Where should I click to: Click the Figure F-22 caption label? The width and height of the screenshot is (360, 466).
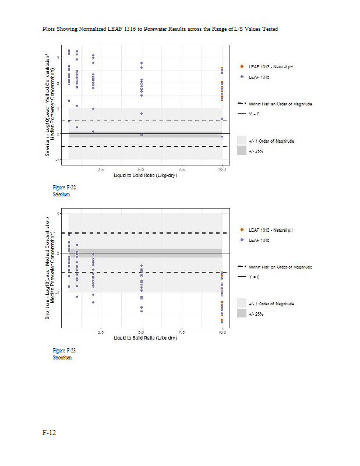point(64,188)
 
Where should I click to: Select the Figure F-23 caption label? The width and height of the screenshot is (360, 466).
point(64,351)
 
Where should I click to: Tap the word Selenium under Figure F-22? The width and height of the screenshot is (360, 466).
point(61,195)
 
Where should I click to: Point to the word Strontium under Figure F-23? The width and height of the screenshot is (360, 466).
point(62,358)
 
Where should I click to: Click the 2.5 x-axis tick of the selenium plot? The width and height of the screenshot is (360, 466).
point(100,170)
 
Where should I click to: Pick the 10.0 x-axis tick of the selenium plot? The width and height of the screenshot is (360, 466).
point(222,170)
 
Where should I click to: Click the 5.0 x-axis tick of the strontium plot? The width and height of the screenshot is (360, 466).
point(141,333)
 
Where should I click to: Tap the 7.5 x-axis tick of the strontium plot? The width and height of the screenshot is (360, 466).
point(182,333)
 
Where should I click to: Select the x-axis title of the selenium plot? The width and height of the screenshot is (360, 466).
point(145,175)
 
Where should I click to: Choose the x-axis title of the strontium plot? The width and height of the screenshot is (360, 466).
point(145,338)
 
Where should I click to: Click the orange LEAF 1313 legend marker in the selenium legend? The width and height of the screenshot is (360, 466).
point(242,67)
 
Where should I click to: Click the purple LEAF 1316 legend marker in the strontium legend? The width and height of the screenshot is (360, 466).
point(242,240)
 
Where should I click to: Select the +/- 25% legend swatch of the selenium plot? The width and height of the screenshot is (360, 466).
point(242,151)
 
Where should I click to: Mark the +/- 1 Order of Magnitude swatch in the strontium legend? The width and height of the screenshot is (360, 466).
point(242,303)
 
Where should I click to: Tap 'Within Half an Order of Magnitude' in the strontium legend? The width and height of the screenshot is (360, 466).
point(280,267)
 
